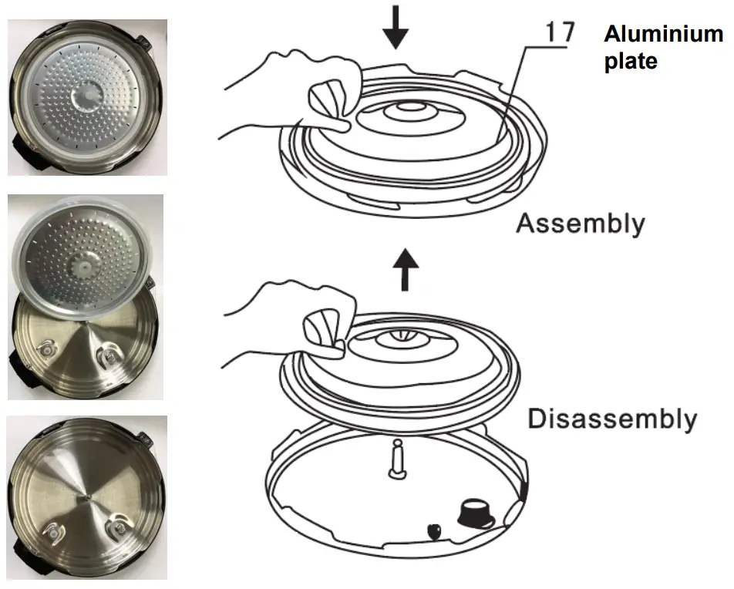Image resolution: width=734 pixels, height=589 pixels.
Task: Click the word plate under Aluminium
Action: [x=630, y=62]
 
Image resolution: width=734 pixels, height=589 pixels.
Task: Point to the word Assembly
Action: [x=580, y=224]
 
